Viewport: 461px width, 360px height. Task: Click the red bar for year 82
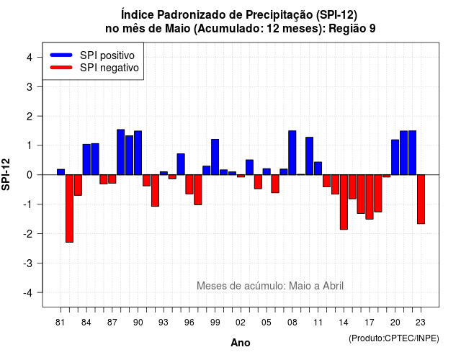point(69,208)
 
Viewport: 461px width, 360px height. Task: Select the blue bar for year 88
point(121,152)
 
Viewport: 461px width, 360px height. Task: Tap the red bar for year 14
point(344,202)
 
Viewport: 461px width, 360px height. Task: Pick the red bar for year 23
point(421,199)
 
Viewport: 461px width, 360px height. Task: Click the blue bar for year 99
point(215,157)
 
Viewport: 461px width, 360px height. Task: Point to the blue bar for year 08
point(292,153)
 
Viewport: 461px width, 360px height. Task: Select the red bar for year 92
point(155,190)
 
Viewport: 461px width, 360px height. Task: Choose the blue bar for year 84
point(86,160)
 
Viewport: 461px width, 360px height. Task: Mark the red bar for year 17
point(370,197)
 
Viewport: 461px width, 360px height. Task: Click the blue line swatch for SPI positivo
point(61,55)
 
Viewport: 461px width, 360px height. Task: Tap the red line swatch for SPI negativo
point(61,67)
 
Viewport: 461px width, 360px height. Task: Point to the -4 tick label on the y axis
point(28,293)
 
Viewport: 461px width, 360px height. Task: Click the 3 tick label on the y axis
point(30,86)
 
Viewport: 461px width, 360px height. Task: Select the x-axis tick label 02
point(241,323)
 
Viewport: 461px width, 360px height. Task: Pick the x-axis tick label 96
point(189,323)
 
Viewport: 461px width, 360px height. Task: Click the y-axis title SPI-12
point(6,174)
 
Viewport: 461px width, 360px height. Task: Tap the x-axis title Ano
point(241,343)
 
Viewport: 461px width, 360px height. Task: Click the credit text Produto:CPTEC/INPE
point(394,338)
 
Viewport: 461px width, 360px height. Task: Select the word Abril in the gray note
point(333,286)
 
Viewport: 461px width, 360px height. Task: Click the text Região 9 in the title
point(352,29)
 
